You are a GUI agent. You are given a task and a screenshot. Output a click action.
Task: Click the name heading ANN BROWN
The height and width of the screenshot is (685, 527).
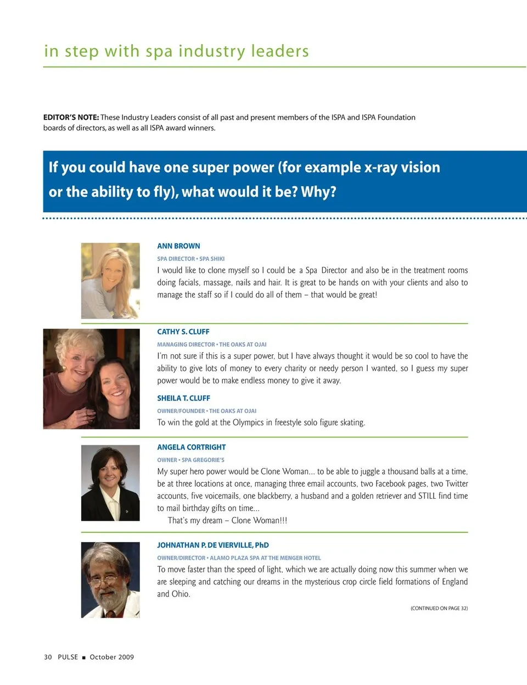178,246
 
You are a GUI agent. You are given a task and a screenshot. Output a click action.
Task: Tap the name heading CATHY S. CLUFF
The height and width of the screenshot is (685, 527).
183,332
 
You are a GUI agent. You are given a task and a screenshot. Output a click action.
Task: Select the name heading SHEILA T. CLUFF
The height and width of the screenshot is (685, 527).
183,398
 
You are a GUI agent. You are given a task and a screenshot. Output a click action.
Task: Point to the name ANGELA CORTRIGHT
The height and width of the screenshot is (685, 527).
191,447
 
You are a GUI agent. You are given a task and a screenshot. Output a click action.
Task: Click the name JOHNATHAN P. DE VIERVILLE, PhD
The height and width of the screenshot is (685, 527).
213,545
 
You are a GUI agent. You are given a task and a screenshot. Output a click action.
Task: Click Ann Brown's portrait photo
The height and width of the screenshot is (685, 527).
110,281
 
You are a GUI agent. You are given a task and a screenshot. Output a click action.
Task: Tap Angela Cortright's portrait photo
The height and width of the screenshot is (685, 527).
110,483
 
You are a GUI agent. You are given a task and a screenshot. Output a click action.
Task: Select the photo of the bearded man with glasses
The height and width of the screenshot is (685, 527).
110,580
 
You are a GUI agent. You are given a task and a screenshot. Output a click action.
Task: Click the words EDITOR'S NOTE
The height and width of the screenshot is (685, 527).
71,118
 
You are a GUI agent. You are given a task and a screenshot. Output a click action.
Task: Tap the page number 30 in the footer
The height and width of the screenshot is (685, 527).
48,657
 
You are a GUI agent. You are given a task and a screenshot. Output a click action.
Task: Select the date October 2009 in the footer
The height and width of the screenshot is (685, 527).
111,657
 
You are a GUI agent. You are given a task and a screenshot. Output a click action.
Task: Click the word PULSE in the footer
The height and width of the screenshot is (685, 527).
68,657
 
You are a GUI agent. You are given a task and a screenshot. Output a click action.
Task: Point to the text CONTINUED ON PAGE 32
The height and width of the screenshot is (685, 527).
439,608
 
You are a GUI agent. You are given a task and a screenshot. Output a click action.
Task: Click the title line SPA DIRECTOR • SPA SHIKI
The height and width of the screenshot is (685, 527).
190,259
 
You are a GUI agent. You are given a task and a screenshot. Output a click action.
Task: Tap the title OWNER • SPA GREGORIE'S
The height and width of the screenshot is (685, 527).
190,460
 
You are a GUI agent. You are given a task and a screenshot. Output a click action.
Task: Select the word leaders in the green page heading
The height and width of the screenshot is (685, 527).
280,51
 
